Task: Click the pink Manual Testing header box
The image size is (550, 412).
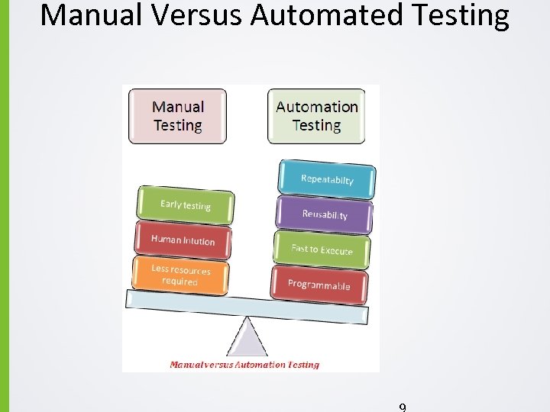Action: click(178, 116)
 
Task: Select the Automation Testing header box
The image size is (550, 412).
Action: click(316, 116)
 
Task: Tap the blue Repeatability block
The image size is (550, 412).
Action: click(327, 179)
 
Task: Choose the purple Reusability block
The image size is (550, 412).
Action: click(325, 214)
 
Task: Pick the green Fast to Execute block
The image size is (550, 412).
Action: click(322, 249)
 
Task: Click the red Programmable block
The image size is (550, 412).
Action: click(319, 285)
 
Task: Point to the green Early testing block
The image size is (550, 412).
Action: click(185, 205)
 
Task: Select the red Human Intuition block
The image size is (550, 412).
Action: click(183, 240)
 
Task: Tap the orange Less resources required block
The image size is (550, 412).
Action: click(180, 275)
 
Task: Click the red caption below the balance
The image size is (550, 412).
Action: click(244, 365)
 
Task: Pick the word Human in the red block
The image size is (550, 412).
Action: click(165, 239)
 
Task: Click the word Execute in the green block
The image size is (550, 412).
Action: click(337, 250)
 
